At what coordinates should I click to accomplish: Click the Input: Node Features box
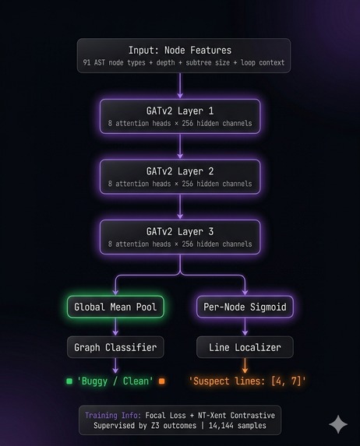[184, 56]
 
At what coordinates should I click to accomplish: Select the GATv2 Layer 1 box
[180, 116]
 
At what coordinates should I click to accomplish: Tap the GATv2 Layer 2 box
[180, 177]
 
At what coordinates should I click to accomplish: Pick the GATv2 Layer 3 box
[180, 237]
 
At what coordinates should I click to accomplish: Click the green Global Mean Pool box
[115, 307]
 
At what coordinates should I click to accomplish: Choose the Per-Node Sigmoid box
[245, 307]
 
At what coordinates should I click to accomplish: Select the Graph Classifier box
[115, 347]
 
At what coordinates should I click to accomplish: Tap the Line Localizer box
[245, 347]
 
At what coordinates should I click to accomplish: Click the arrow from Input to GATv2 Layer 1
[180, 86]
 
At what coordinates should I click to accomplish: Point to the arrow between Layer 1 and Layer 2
[180, 146]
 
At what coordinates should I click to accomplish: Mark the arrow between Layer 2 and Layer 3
[180, 206]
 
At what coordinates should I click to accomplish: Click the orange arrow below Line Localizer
[245, 366]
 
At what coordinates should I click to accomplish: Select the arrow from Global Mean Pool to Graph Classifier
[115, 327]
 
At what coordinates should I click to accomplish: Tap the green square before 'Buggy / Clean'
[69, 381]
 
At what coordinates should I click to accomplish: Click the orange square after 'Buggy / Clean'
[162, 381]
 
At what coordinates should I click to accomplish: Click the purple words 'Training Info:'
[113, 416]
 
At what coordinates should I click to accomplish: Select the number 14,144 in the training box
[221, 426]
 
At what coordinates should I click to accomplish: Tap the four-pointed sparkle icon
[338, 424]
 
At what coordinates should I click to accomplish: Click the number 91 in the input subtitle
[86, 62]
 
